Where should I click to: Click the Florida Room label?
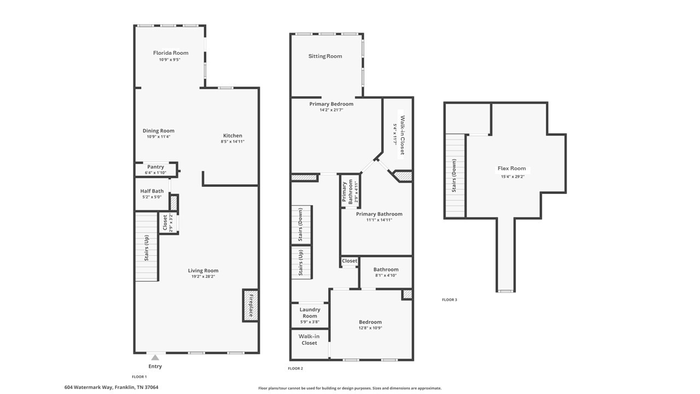click(170, 53)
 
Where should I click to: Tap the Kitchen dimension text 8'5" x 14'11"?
click(232, 142)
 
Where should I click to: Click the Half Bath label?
click(152, 191)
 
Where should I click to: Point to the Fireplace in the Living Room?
click(251, 305)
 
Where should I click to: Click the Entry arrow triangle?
click(155, 357)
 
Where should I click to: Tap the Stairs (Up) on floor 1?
click(147, 247)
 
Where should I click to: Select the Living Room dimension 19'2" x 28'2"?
click(203, 277)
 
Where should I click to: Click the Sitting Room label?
click(325, 56)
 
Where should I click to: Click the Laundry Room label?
click(310, 312)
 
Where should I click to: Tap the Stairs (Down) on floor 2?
click(301, 225)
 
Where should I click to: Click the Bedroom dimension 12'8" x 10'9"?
click(370, 328)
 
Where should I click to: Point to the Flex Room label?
click(511, 169)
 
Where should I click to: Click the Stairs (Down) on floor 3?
click(454, 175)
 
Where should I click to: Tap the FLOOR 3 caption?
click(450, 300)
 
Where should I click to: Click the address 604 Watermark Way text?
click(111, 387)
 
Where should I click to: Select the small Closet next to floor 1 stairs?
click(165, 223)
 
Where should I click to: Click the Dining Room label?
click(159, 131)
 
